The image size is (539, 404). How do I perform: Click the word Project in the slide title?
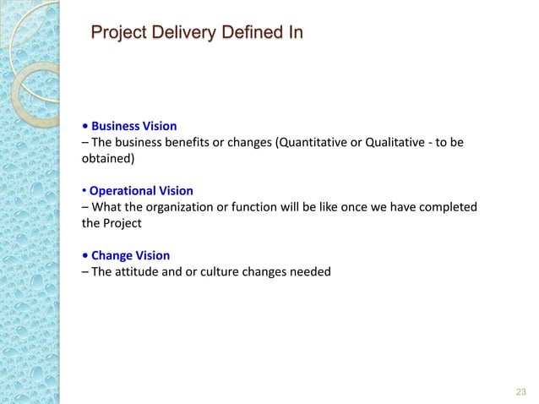pos(118,34)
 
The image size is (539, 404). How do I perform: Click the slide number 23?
pos(520,390)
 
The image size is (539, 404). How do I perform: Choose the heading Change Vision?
pos(130,254)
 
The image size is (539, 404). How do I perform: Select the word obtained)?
pos(107,158)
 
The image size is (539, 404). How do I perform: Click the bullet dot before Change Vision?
pos(84,255)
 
